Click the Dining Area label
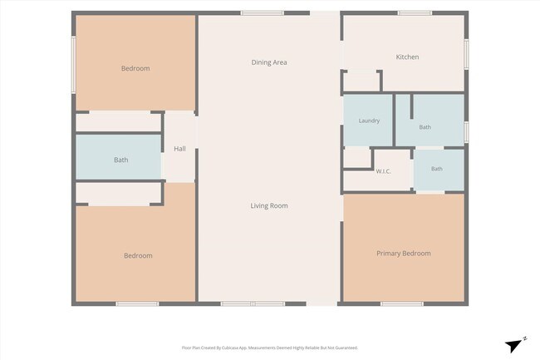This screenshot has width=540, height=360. [269, 62]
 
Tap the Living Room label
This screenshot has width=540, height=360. [269, 205]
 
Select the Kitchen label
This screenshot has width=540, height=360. [407, 57]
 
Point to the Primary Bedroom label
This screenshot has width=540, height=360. [404, 254]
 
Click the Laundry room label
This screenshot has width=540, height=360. [369, 121]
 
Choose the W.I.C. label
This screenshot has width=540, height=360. [383, 171]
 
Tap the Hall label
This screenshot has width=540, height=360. [179, 149]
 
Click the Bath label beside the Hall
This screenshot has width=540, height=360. [121, 160]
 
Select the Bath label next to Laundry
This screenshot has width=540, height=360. [425, 127]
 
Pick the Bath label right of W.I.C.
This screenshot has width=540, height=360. [437, 169]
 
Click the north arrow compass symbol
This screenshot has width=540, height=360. [514, 345]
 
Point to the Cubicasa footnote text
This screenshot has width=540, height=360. [270, 348]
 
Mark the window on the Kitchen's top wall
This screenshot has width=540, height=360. [415, 13]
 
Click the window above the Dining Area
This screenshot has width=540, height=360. [262, 13]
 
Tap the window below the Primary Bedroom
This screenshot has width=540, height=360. [402, 303]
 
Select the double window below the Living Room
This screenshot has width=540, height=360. [253, 303]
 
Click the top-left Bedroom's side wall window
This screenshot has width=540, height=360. [73, 65]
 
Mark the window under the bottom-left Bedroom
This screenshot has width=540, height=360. [137, 303]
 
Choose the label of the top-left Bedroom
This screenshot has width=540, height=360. [135, 68]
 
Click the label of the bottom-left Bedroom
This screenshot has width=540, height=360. [138, 255]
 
